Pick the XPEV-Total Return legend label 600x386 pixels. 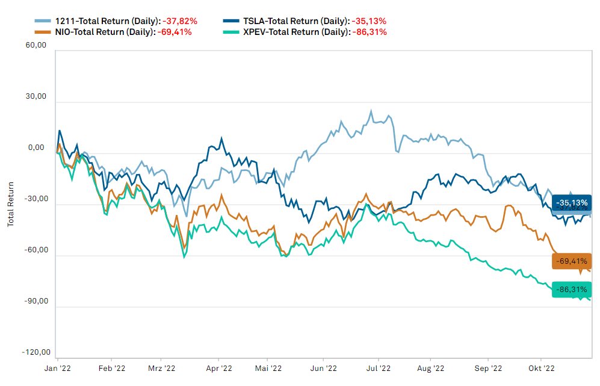(x=294, y=32)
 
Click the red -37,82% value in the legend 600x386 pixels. (x=180, y=20)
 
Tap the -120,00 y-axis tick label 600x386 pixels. (x=35, y=352)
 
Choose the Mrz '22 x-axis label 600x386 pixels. (x=161, y=367)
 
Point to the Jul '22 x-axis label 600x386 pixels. (x=379, y=367)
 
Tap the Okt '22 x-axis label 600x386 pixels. (x=541, y=367)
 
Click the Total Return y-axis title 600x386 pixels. (x=10, y=205)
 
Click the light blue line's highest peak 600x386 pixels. (x=371, y=111)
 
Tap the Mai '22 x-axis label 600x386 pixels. (x=268, y=367)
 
